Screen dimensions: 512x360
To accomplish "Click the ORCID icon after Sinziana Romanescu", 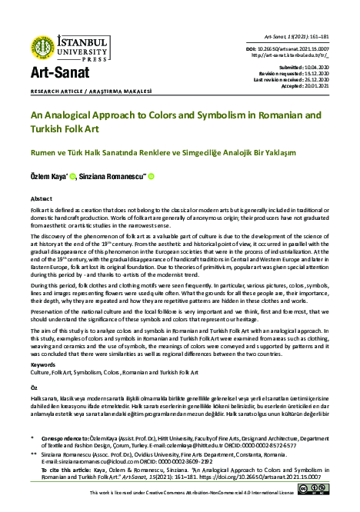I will [x=151, y=176].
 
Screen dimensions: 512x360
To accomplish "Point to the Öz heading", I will [x=34, y=387].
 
